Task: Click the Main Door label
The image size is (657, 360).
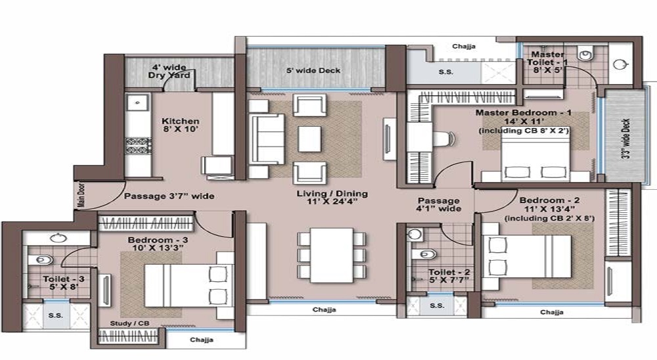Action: [x=81, y=194]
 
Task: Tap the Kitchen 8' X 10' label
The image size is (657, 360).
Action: [x=180, y=125]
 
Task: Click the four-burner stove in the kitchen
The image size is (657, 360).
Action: [x=138, y=146]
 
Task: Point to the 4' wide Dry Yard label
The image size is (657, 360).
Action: [x=170, y=71]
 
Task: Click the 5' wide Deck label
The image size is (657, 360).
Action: [x=313, y=70]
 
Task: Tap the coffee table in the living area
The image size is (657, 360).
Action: [x=309, y=139]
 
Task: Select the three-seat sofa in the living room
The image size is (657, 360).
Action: [x=267, y=139]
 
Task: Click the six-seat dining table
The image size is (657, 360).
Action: [x=332, y=256]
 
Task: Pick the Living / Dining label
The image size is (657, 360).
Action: [x=332, y=198]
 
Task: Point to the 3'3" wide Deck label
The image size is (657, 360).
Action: [x=626, y=139]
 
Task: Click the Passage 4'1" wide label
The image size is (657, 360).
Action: [x=438, y=204]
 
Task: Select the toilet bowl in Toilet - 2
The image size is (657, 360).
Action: [x=424, y=254]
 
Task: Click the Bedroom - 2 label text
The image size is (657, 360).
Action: [x=549, y=200]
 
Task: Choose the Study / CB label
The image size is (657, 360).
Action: [x=129, y=323]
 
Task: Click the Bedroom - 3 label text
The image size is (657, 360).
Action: [x=158, y=240]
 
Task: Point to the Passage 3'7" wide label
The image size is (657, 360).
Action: [x=170, y=196]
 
